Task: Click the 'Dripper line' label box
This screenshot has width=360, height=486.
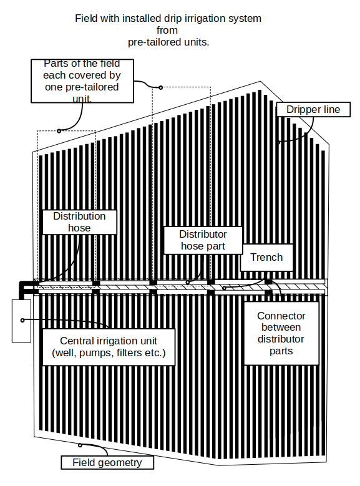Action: point(313,109)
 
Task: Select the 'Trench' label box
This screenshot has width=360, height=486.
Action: point(266,257)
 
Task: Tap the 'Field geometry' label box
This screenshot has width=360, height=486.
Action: point(107,462)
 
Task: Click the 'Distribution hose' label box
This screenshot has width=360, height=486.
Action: point(79,222)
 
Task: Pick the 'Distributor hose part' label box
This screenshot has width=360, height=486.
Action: point(203,240)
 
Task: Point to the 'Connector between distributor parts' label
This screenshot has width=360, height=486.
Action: point(281,333)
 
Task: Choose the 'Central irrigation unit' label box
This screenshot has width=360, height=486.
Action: point(109,347)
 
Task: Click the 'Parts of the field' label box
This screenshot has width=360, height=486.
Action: point(82,81)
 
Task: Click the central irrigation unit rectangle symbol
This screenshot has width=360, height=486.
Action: point(21,321)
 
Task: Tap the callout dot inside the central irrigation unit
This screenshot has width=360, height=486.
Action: point(22,320)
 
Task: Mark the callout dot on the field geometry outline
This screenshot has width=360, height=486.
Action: point(80,445)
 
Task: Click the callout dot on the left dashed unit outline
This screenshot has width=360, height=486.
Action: point(59,131)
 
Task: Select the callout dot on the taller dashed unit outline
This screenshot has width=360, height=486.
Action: point(160,87)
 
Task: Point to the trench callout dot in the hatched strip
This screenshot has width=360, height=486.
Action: point(224,288)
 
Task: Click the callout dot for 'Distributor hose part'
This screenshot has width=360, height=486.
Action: point(188,283)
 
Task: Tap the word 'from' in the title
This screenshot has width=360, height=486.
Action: point(167,31)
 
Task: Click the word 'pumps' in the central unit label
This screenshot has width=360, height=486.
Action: point(94,353)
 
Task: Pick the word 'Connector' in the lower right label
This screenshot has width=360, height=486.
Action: point(281,316)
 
